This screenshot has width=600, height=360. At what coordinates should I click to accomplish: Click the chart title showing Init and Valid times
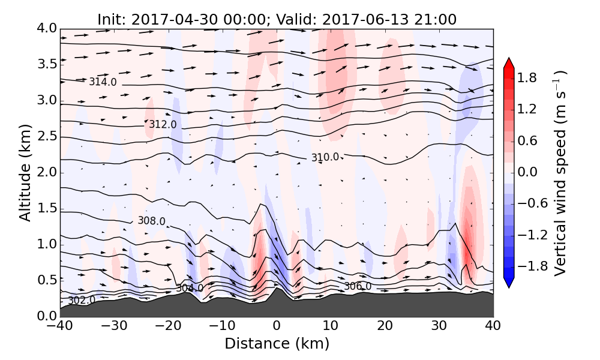[277, 19]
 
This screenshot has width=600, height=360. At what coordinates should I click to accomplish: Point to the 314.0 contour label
[103, 82]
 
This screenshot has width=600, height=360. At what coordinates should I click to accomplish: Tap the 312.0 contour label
[163, 124]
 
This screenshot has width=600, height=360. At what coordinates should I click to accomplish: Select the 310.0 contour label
[325, 157]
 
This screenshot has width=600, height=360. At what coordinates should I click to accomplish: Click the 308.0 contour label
[151, 221]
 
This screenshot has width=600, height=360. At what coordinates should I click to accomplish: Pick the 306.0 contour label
[357, 287]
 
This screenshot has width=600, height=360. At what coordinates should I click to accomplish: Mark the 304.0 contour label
[189, 288]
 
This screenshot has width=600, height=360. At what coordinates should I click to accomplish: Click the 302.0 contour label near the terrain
[81, 300]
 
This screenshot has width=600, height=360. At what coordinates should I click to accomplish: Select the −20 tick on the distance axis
[167, 326]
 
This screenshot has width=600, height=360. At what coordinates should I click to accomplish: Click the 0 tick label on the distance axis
[277, 326]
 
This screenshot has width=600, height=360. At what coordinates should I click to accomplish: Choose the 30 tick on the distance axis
[439, 326]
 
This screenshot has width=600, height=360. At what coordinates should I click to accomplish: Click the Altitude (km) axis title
[25, 172]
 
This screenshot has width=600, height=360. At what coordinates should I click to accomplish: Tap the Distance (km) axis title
[277, 344]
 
